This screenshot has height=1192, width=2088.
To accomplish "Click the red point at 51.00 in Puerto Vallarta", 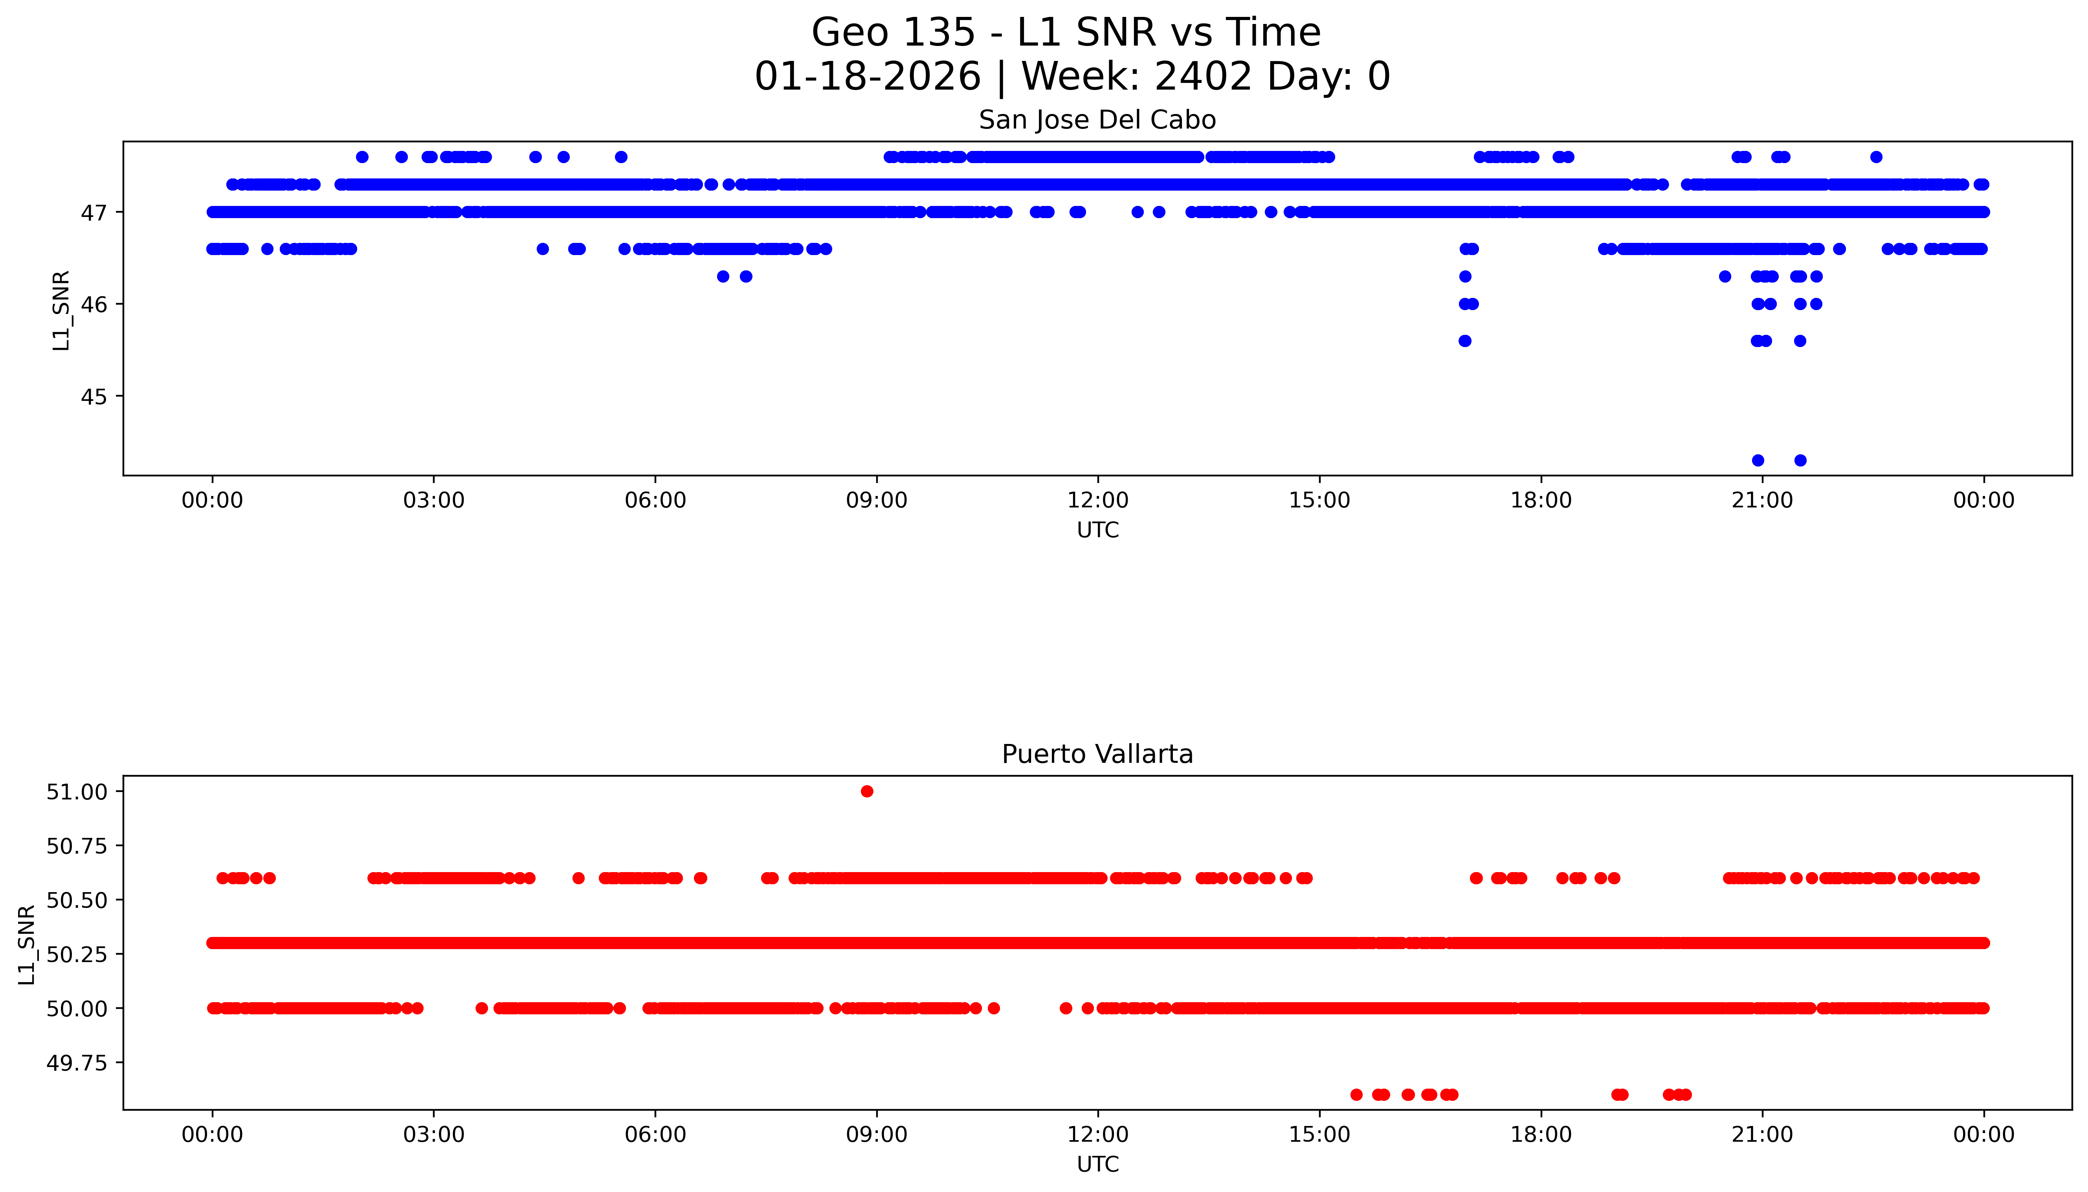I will point(867,791).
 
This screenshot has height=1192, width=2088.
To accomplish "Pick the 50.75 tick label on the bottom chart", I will point(76,846).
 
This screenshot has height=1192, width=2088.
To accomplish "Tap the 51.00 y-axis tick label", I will point(76,792).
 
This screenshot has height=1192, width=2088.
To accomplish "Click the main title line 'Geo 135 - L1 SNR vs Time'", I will point(1066,33).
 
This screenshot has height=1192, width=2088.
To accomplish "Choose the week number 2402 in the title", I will point(1203,77).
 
